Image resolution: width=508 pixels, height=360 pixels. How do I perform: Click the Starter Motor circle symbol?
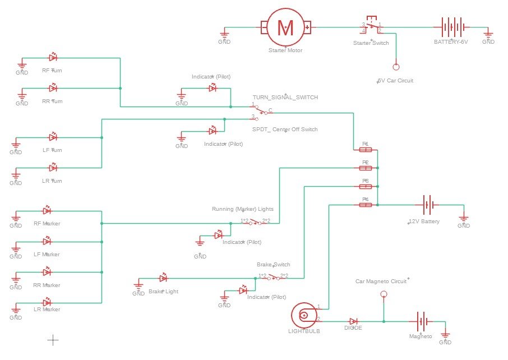[285, 27]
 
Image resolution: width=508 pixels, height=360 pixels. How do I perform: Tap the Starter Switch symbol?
[371, 27]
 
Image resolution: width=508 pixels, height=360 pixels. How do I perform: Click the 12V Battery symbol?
[427, 205]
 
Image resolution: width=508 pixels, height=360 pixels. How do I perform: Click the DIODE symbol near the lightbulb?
[353, 321]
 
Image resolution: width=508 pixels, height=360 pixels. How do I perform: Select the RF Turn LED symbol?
[53, 57]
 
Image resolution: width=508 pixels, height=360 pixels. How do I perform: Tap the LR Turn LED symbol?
[53, 168]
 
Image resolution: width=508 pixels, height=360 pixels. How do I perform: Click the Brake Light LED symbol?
[164, 278]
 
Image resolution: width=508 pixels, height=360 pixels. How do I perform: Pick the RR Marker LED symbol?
[47, 272]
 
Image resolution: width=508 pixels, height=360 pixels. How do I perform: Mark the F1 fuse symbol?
[365, 150]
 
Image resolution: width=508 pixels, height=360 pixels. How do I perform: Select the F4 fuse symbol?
[365, 205]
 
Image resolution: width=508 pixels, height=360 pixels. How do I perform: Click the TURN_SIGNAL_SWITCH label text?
[285, 98]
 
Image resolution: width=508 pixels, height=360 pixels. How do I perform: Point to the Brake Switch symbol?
[273, 277]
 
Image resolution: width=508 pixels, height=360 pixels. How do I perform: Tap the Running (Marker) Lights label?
[243, 209]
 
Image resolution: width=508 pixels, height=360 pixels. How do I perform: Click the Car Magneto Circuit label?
[381, 281]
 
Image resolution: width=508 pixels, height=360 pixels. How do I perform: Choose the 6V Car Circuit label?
[396, 81]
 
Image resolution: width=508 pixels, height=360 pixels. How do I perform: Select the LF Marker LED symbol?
[47, 241]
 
